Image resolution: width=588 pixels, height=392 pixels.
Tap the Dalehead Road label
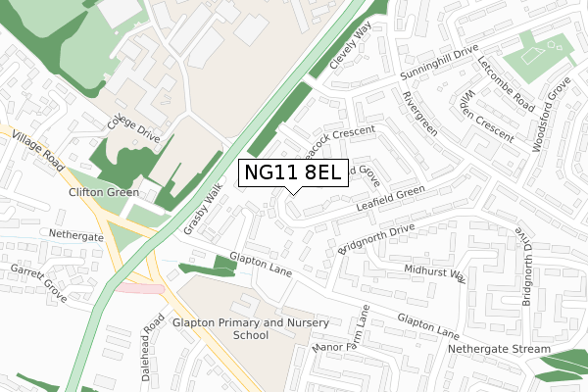coord(150,347)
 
